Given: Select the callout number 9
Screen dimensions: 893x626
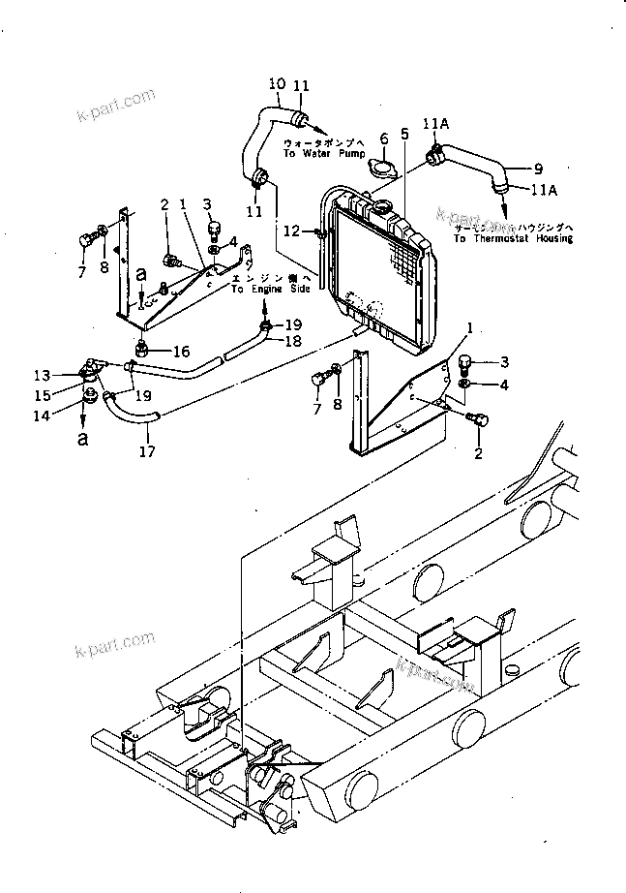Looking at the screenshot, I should pyautogui.click(x=539, y=167).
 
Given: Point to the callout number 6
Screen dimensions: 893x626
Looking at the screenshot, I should pyautogui.click(x=383, y=139).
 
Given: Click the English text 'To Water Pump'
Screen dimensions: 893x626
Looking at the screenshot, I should pyautogui.click(x=316, y=154).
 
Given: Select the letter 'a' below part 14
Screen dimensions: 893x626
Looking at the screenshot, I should pyautogui.click(x=82, y=438).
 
